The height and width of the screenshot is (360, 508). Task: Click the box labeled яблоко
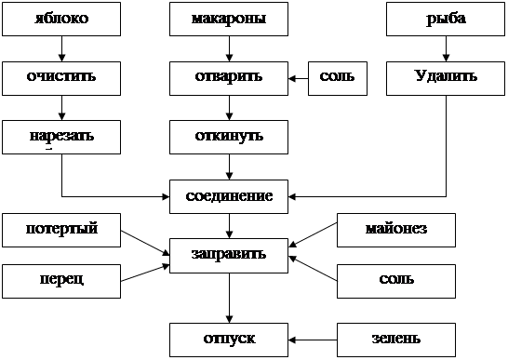point(61,19)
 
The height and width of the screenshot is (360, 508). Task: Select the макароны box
point(229,19)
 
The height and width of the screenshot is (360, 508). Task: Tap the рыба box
point(446,19)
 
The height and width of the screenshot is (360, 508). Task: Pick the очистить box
point(61,78)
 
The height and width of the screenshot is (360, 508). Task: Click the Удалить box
point(446,78)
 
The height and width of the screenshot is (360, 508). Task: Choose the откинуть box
point(229,137)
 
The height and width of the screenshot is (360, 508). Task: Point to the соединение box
point(229,196)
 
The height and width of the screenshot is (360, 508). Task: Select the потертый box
point(61,230)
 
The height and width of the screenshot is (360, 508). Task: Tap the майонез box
point(396,230)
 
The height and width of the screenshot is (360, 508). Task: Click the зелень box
point(396,340)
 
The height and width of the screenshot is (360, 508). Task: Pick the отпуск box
point(229,340)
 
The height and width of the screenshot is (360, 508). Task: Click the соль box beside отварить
point(338,78)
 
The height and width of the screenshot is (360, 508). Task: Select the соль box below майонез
point(396,281)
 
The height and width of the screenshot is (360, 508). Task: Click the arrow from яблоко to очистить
point(62,48)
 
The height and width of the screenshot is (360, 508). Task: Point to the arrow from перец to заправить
point(145,273)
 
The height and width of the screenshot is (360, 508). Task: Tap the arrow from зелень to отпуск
point(313,340)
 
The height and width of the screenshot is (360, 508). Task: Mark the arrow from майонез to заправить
point(313,235)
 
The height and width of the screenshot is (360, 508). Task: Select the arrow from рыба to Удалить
point(446,48)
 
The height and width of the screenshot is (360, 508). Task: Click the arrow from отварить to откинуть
point(230,108)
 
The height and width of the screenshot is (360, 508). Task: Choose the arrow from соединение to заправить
point(230,226)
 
